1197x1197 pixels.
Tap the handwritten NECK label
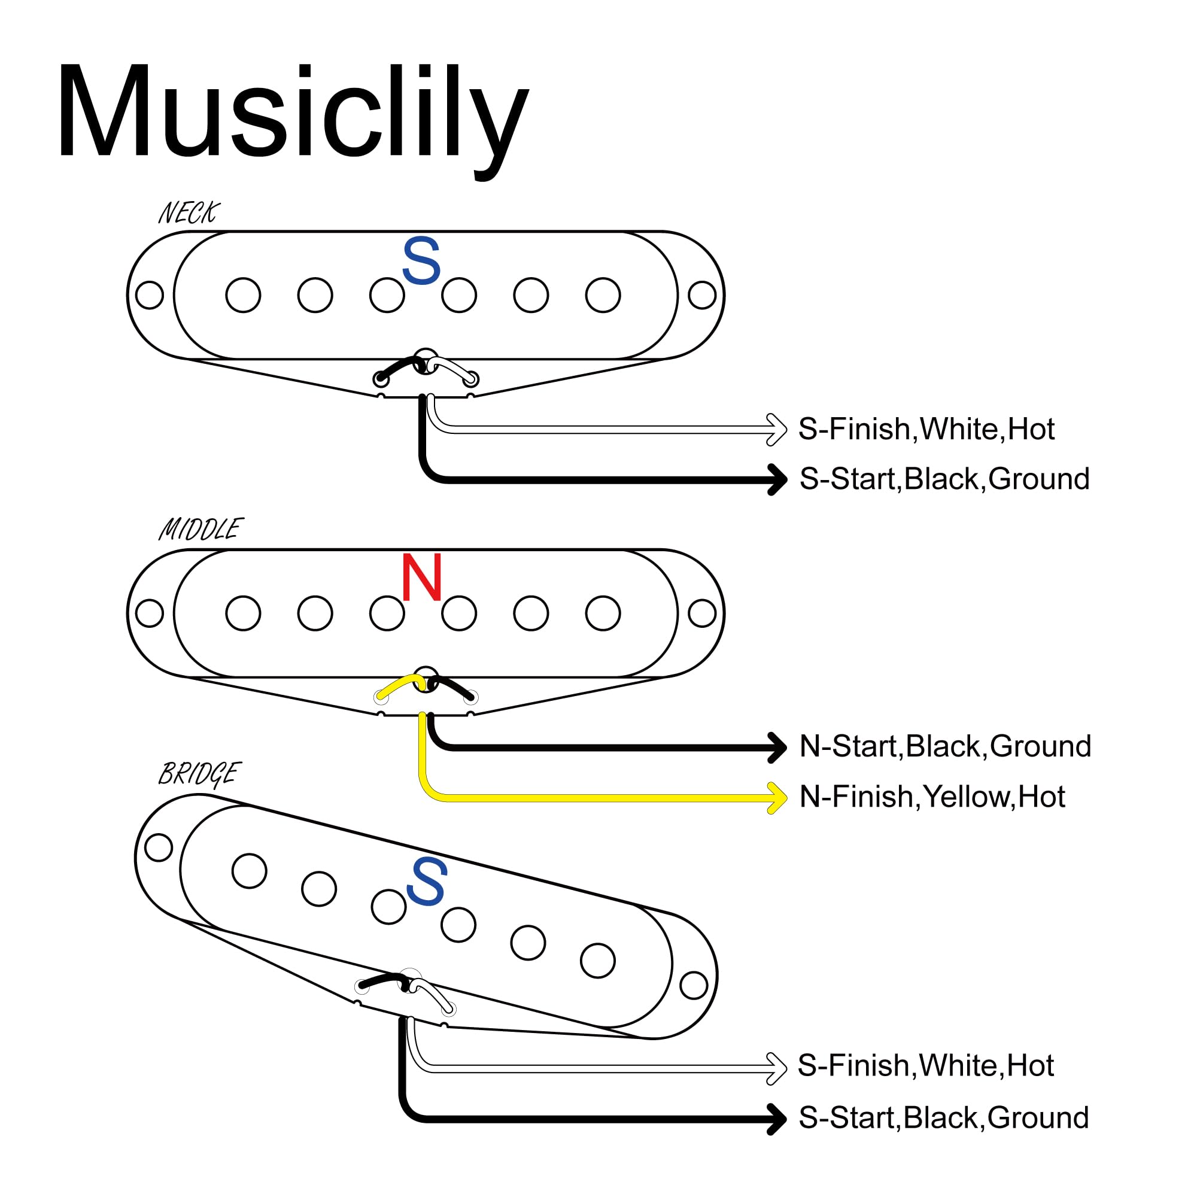(190, 212)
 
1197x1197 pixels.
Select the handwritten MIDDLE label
(200, 529)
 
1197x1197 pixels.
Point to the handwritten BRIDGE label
(199, 774)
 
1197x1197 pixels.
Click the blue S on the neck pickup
(421, 261)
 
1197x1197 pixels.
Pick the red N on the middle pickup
(422, 577)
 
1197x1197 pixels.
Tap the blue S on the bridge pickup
(426, 880)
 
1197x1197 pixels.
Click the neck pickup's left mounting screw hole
(149, 295)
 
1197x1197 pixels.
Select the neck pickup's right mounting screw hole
(702, 295)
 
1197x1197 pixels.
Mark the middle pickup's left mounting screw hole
(149, 613)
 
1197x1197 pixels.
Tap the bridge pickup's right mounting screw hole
(694, 985)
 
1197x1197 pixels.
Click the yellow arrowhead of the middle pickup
(777, 797)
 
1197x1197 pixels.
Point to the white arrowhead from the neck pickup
(777, 429)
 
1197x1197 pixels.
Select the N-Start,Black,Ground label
(945, 746)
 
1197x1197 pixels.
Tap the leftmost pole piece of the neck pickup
(244, 295)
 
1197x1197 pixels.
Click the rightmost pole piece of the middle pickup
(603, 613)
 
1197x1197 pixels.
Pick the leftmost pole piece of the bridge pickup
(250, 870)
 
